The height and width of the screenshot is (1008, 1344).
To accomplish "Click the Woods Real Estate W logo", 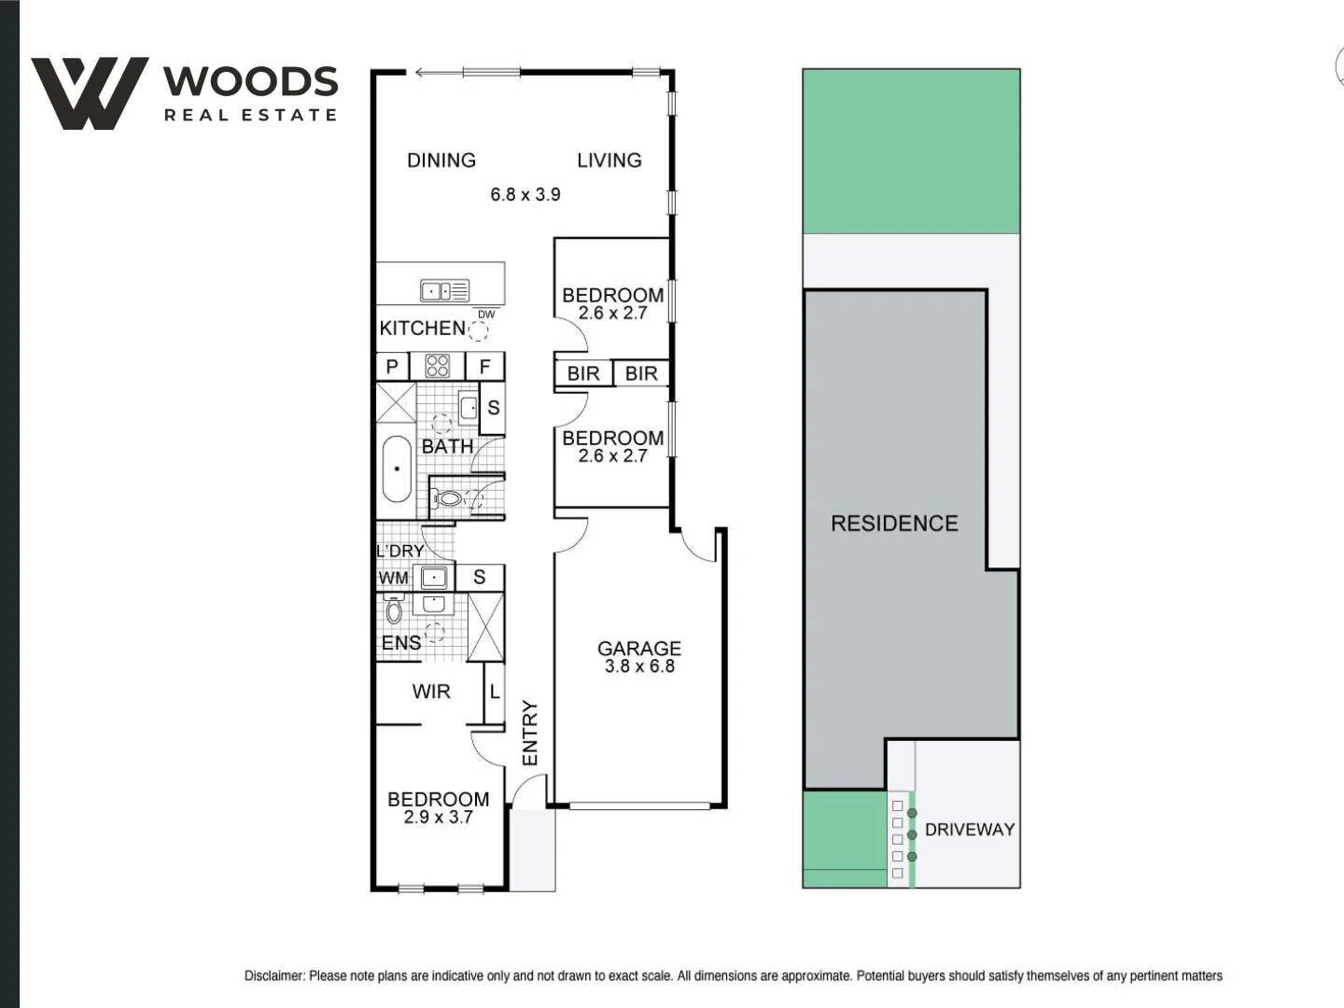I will click(90, 93).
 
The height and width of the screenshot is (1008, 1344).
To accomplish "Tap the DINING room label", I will click(441, 161).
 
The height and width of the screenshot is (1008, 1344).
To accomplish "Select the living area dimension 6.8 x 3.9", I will click(525, 194).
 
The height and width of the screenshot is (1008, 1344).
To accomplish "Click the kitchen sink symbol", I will click(444, 291).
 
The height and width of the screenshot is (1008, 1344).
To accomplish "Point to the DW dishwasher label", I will click(486, 315).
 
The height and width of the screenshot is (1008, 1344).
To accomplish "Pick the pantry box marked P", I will click(392, 367).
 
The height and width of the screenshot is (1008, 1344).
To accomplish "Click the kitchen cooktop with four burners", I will click(437, 366).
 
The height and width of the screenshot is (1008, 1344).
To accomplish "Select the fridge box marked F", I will click(484, 367).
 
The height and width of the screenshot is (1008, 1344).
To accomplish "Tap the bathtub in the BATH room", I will click(397, 469).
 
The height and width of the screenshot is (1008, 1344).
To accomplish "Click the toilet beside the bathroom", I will click(449, 498).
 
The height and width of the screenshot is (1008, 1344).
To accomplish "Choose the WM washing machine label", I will click(393, 578).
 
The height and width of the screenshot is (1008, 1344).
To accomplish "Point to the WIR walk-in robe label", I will click(431, 692).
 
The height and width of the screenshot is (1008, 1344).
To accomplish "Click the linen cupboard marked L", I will click(495, 693).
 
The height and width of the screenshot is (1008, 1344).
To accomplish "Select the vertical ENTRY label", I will click(530, 733).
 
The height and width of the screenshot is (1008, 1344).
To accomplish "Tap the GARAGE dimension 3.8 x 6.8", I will click(639, 666).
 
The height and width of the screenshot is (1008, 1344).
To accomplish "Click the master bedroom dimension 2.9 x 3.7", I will click(438, 817).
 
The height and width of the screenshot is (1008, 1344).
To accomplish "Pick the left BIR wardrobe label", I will click(583, 373).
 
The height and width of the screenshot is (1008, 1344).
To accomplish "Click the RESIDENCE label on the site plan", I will click(894, 524).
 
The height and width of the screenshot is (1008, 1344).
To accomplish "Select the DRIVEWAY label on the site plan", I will click(969, 830).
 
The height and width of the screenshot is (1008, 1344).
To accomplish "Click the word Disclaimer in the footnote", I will click(273, 975).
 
